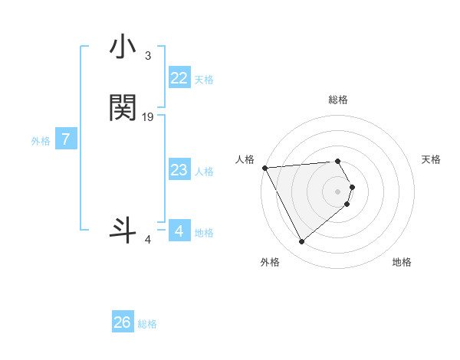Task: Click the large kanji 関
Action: click(123, 109)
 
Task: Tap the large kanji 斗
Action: click(123, 230)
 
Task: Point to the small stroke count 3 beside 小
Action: click(147, 56)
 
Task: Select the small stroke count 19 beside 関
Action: click(148, 116)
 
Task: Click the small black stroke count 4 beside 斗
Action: click(147, 240)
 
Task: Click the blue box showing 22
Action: click(179, 78)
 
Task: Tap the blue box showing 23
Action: click(179, 170)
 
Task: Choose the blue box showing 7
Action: click(67, 140)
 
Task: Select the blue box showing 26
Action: click(123, 322)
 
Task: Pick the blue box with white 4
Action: click(179, 231)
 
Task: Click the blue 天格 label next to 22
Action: click(204, 79)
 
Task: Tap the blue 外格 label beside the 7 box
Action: click(41, 141)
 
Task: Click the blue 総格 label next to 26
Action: click(147, 324)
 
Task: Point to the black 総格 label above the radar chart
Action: click(337, 100)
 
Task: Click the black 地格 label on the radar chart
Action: click(402, 263)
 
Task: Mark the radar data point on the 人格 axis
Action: click(264, 168)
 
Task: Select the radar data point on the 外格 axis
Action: click(301, 242)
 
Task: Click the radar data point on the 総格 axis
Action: click(337, 162)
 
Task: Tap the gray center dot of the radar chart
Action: click(337, 191)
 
